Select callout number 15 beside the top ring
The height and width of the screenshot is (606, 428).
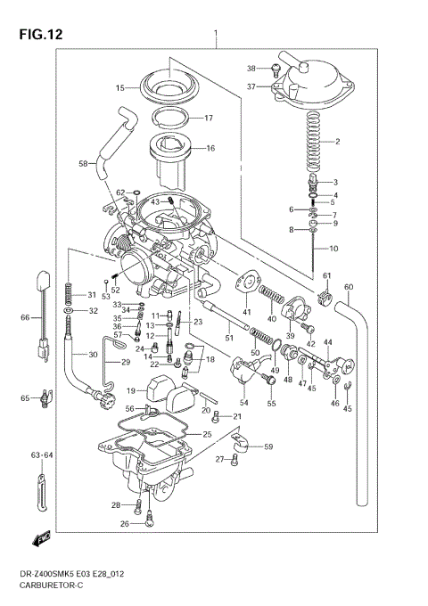coord(119,88)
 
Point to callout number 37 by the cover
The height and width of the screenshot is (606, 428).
coord(251,86)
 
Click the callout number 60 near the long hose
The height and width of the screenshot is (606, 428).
coord(349,286)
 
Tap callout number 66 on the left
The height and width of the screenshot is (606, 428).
coord(25,317)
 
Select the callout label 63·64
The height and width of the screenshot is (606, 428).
coord(42,455)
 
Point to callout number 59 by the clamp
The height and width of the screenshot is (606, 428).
coord(267,446)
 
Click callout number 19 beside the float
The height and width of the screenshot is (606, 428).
coord(130,390)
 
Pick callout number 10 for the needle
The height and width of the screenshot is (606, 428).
coord(334,248)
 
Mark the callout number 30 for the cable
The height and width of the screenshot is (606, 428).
coord(93,355)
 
